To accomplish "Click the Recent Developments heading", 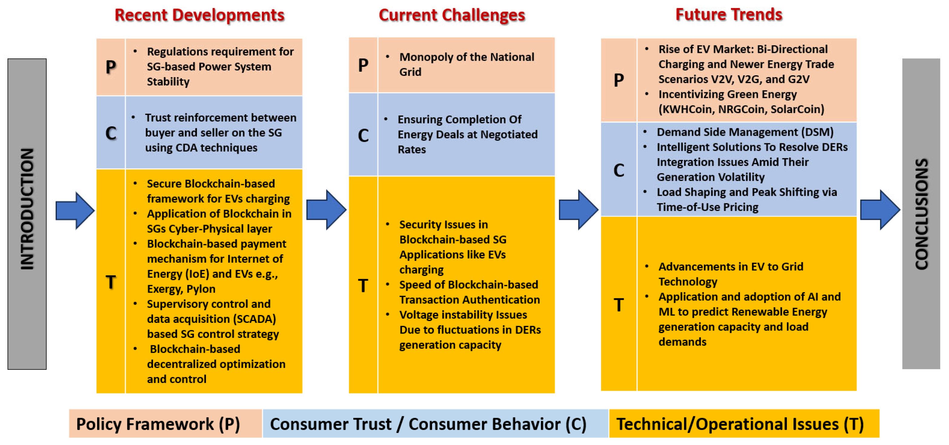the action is coord(199,15).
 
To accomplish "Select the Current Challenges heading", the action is coord(452,15).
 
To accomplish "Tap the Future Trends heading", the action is coord(729,15).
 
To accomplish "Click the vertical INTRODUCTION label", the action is coord(27,209).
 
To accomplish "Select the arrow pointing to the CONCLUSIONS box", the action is coord(880,210).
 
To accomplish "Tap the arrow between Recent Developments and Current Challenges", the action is coord(326,210).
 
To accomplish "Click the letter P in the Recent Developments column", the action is coord(111,67).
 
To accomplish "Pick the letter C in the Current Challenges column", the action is coord(363,135).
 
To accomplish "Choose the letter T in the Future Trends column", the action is coord(619,305).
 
